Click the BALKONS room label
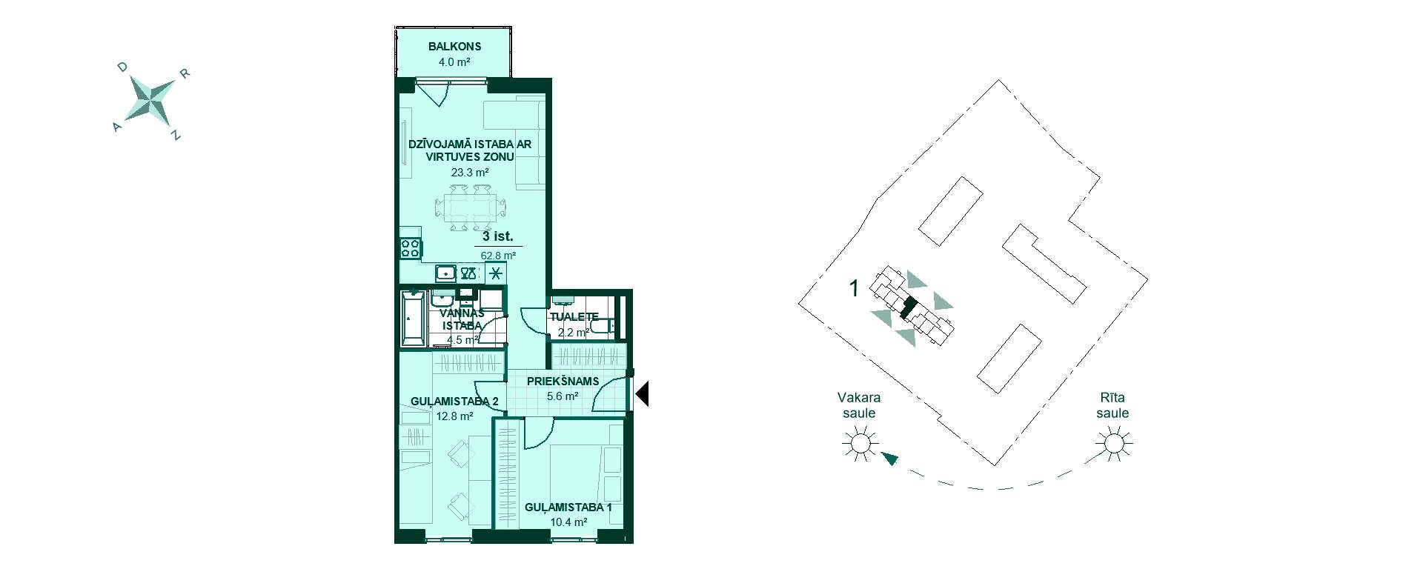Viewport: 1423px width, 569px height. coord(454,46)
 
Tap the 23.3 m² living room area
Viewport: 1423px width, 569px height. coord(470,173)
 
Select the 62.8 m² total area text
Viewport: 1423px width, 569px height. coord(498,256)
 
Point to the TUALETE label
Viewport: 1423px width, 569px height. coord(574,316)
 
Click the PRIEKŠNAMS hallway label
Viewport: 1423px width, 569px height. coord(563,382)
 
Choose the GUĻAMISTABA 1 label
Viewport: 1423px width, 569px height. coord(568,508)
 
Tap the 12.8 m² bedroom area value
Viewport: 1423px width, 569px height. coord(455,416)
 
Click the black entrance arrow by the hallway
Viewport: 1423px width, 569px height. coord(643,393)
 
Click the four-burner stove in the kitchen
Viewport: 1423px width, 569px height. coord(411,247)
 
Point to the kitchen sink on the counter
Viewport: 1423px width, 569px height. coord(445,273)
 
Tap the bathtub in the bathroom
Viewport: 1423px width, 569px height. coord(413,319)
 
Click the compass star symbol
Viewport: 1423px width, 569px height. coord(151,100)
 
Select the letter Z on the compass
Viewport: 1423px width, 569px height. coord(175,136)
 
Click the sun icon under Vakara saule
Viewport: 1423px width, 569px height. coord(860,444)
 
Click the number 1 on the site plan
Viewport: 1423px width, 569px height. coord(854,288)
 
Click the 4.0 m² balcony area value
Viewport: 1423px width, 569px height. coord(454,62)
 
